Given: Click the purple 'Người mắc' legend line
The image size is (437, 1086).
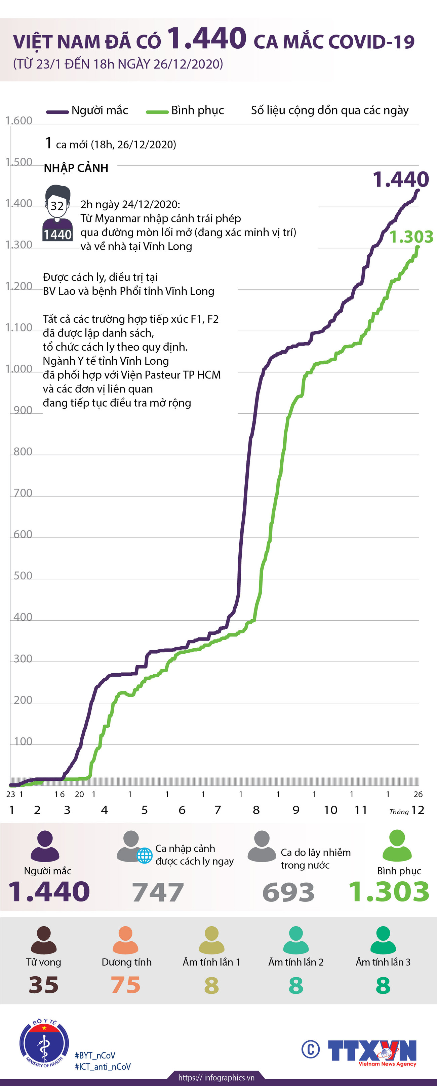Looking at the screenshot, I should pos(57,112).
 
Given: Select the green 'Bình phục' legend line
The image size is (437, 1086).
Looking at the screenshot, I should pos(157,112).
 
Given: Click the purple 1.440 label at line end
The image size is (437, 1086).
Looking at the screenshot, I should pos(400,179).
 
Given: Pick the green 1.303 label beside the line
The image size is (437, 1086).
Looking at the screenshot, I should pos(411,237).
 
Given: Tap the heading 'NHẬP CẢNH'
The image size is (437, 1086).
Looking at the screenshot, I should pos(76,168).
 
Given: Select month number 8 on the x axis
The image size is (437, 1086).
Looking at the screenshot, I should pos(256,810).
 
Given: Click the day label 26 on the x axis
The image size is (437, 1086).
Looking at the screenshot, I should pos(418,794).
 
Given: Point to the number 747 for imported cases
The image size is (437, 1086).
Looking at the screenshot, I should pos(158,892).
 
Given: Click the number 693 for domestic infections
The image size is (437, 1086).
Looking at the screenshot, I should pos(288,892).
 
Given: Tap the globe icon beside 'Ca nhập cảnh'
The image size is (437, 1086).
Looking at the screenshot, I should pos(145,856).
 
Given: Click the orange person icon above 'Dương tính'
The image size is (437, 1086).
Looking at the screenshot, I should pos(125,940).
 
